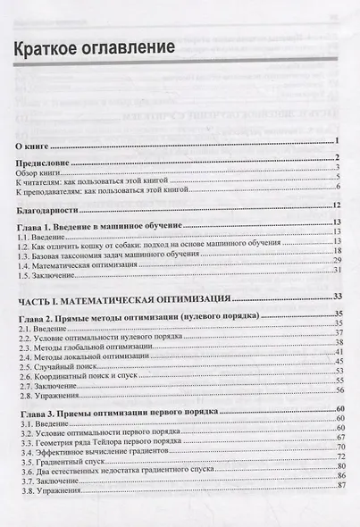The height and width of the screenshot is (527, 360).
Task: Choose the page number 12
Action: [339, 207]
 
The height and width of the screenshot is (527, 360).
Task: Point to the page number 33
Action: [339, 296]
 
